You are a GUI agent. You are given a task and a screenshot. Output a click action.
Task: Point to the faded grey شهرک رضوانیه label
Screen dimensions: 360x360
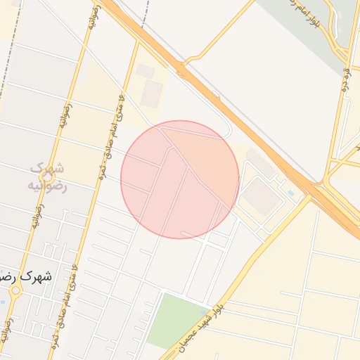(47, 177)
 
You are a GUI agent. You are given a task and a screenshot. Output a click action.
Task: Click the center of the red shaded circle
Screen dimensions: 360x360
(180, 179)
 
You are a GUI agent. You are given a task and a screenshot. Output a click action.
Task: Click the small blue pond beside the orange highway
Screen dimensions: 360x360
(290, 193)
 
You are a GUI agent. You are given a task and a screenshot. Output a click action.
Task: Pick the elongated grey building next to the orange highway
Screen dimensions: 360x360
(262, 164)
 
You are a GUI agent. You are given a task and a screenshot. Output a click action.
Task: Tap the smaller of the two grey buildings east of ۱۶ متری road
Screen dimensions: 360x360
(145, 71)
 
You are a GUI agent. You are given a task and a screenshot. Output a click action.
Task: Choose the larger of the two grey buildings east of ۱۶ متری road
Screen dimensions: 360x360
(151, 94)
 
